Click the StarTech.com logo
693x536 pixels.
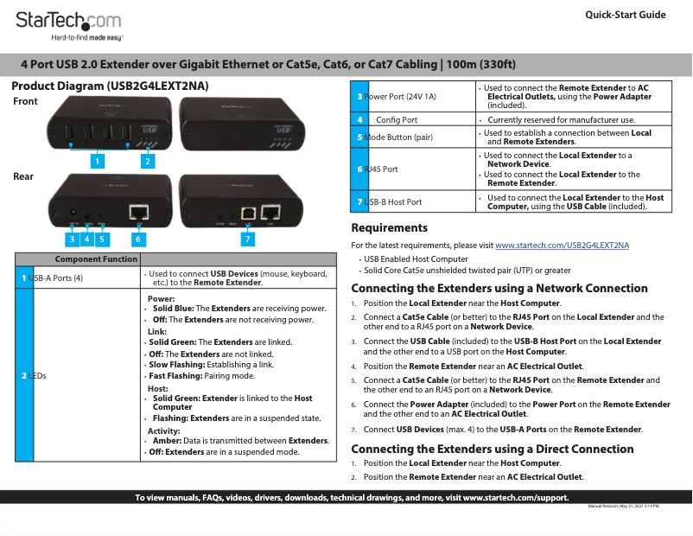coord(68,23)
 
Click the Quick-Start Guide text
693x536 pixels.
coord(625,15)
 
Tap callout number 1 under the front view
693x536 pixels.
coord(99,161)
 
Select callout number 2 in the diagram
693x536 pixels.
coord(148,161)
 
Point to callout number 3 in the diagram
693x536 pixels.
coord(73,238)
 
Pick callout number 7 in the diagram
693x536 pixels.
coord(248,238)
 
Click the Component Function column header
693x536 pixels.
coord(96,258)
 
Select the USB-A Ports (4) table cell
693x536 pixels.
coord(55,278)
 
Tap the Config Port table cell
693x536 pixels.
coord(397,119)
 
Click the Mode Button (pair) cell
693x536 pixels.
coord(398,137)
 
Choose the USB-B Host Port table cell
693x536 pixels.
coord(393,201)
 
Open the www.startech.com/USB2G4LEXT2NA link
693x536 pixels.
coord(562,246)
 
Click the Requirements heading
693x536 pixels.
coord(389,228)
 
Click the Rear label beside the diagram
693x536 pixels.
coord(23,176)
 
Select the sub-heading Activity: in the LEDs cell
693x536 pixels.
coord(163,431)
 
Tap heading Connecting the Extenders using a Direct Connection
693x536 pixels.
coord(492,449)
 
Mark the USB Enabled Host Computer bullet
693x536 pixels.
coord(416,258)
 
